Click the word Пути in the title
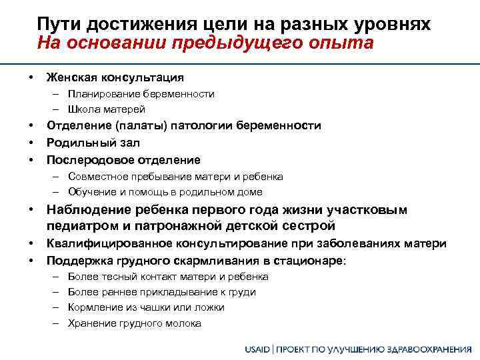56,25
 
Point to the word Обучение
90,192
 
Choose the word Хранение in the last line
90,323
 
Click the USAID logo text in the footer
259,349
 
